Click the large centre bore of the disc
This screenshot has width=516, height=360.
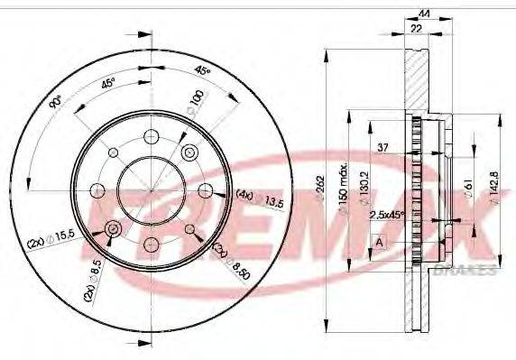[150, 189]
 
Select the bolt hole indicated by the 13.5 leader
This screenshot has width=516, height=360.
[205, 189]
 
